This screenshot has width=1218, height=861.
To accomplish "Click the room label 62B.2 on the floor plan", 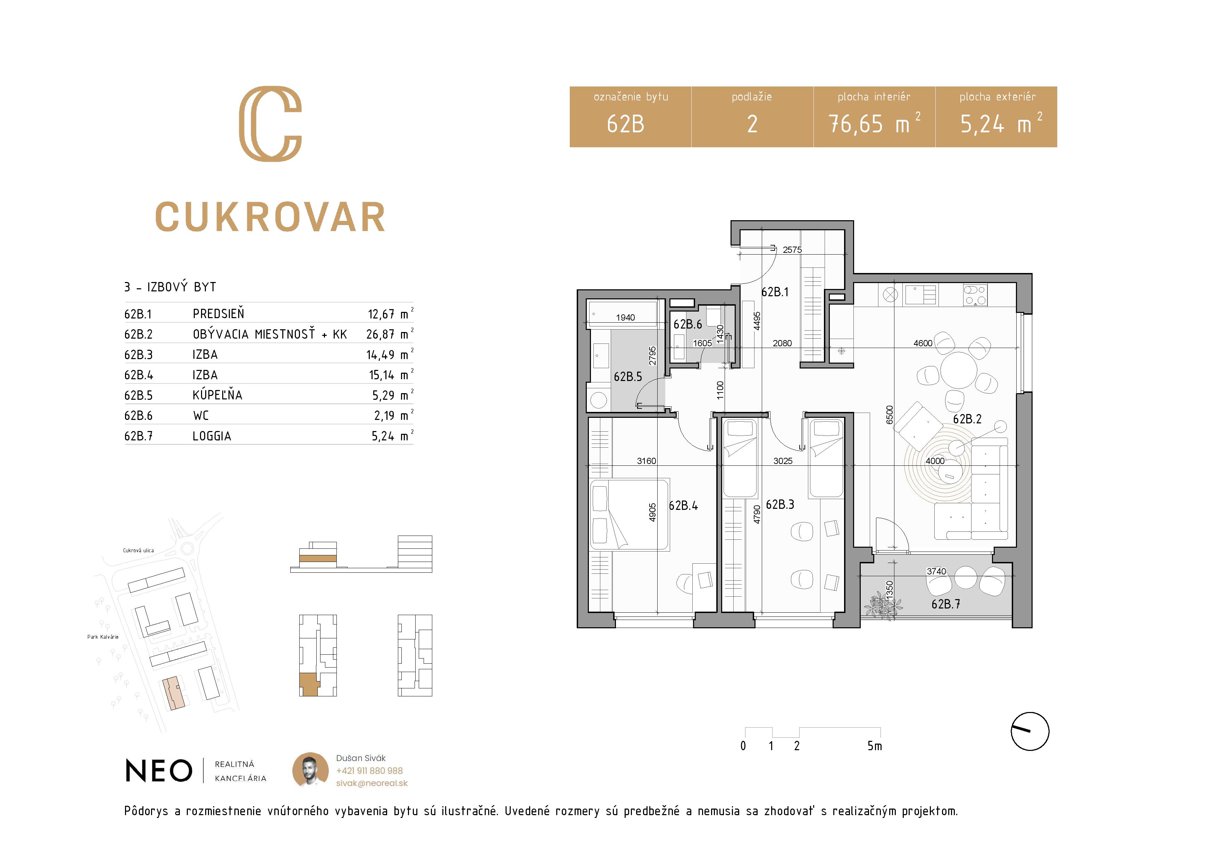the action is [967, 419].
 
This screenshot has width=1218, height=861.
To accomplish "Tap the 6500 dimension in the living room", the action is [890, 414].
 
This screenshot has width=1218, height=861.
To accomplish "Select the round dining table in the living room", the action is [959, 370].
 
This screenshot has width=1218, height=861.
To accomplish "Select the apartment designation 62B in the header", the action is [625, 124].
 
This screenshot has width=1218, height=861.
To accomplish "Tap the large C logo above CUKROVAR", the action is [270, 124].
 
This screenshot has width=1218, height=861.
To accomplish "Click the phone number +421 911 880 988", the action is [369, 771].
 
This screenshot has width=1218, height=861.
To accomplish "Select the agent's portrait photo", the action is [310, 770].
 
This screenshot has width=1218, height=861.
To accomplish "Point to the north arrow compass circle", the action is [1030, 731].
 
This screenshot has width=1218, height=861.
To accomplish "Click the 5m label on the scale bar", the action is [875, 746].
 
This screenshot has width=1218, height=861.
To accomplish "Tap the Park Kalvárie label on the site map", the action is [103, 637].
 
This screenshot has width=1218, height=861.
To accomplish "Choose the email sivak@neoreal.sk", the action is [372, 783].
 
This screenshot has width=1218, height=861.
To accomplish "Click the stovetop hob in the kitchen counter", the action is [975, 295].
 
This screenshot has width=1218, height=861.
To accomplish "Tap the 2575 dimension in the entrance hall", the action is [792, 250].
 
